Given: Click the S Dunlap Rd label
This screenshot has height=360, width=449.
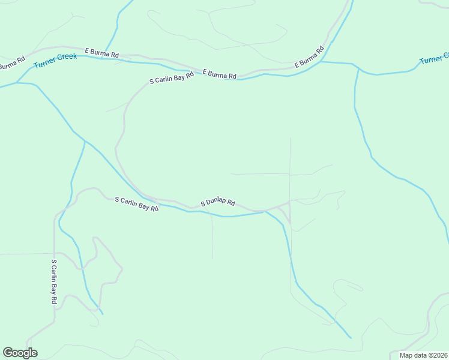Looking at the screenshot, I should click(218, 203).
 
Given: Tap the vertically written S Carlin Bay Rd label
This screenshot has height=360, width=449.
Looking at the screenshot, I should click(53, 281).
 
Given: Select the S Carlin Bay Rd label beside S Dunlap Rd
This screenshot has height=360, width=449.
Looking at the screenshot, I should click(136, 204).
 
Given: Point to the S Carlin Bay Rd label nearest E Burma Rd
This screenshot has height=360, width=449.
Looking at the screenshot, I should click(172, 79).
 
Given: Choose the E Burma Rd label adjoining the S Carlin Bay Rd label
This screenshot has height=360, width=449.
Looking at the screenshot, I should click(220, 74).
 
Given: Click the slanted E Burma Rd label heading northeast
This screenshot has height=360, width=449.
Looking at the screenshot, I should click(309, 56).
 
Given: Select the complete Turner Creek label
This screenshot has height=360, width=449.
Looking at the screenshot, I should click(55, 61).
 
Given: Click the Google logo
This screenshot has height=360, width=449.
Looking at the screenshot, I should click(20, 353).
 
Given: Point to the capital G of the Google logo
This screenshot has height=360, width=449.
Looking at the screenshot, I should click(8, 353).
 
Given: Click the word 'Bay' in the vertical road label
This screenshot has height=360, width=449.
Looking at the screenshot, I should click(53, 282).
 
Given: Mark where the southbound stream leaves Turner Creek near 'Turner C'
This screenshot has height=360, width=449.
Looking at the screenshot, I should click(358, 68).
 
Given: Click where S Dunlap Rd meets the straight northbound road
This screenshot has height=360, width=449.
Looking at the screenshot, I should click(290, 202).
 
